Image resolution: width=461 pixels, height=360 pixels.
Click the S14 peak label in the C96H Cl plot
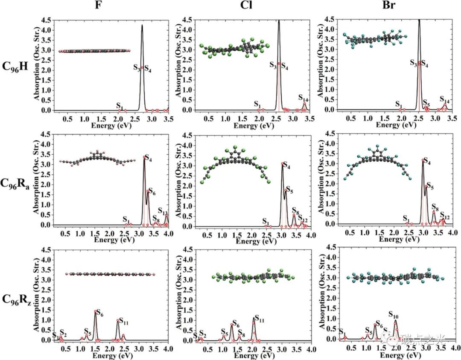tap(303, 98)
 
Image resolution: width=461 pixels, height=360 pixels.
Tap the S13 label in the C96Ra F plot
tap(163, 211)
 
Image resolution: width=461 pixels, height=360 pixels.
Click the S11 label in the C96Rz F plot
tap(123, 320)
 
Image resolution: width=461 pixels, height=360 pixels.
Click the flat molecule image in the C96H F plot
tap(94, 51)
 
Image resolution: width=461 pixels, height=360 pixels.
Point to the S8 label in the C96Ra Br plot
tap(435, 207)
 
